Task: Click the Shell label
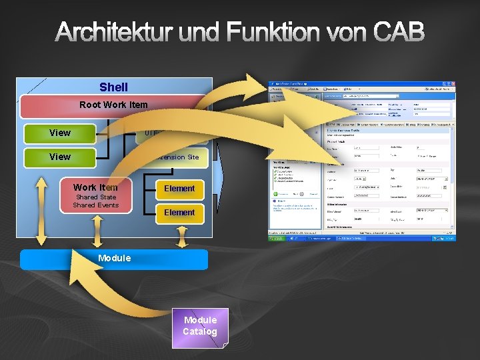[x=113, y=87]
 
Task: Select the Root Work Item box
[x=113, y=105]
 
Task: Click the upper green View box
[x=60, y=133]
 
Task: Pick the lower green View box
[x=60, y=157]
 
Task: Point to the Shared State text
[x=96, y=197]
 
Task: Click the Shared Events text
[x=96, y=205]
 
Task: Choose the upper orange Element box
[x=179, y=189]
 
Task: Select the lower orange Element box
[x=179, y=213]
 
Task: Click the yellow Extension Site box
[x=180, y=157]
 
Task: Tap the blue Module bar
[x=114, y=259]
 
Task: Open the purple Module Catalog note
[x=200, y=327]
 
